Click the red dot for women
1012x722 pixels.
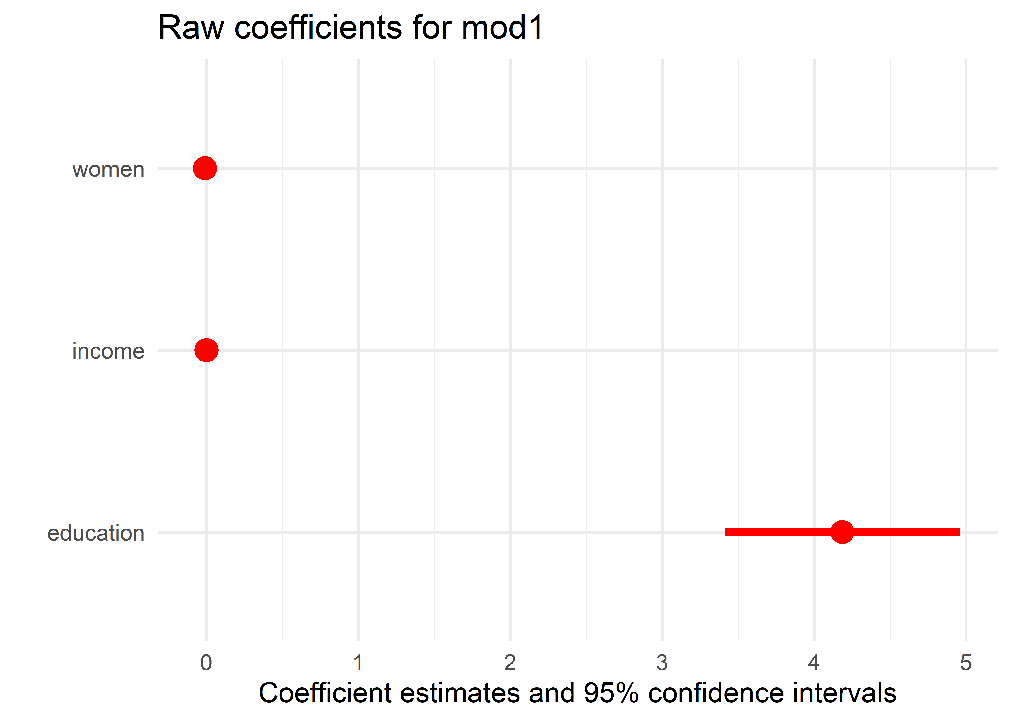coord(205,168)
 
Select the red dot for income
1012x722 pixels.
coord(206,350)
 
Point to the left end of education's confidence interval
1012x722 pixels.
coord(726,532)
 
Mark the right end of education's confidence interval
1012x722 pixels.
coord(959,532)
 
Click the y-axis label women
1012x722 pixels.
coord(108,169)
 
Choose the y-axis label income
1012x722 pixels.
coord(108,351)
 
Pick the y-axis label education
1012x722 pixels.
coord(96,533)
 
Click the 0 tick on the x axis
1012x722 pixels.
coord(206,663)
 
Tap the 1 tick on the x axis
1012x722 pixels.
coord(358,663)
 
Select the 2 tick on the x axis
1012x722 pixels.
coord(510,663)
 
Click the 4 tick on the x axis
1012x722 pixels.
coord(814,663)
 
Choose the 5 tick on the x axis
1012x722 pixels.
coord(966,663)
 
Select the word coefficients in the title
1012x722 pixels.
coord(318,28)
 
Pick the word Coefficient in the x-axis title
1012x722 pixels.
coord(325,693)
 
